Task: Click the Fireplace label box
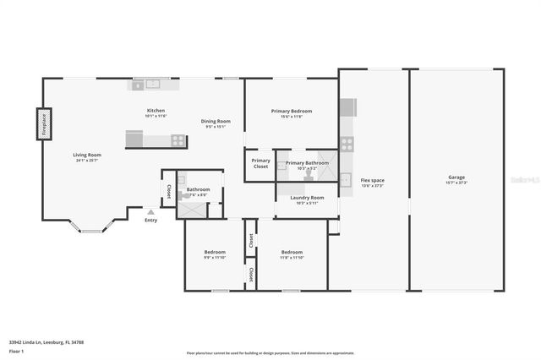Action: click(x=43, y=123)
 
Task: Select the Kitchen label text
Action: click(x=156, y=111)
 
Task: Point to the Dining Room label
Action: click(x=216, y=121)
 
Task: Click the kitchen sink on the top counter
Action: click(x=152, y=84)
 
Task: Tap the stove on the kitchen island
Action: click(x=178, y=140)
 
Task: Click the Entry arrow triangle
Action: click(x=150, y=211)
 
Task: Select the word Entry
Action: click(x=150, y=221)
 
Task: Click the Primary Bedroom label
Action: click(x=292, y=112)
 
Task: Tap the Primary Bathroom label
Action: click(x=307, y=162)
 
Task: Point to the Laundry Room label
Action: click(x=307, y=198)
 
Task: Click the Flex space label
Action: click(x=373, y=180)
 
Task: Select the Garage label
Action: click(x=456, y=177)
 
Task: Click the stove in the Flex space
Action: click(x=347, y=144)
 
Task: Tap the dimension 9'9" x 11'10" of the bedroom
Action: click(x=215, y=258)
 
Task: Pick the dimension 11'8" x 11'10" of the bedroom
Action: click(x=292, y=258)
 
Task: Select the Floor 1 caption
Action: click(x=16, y=350)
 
